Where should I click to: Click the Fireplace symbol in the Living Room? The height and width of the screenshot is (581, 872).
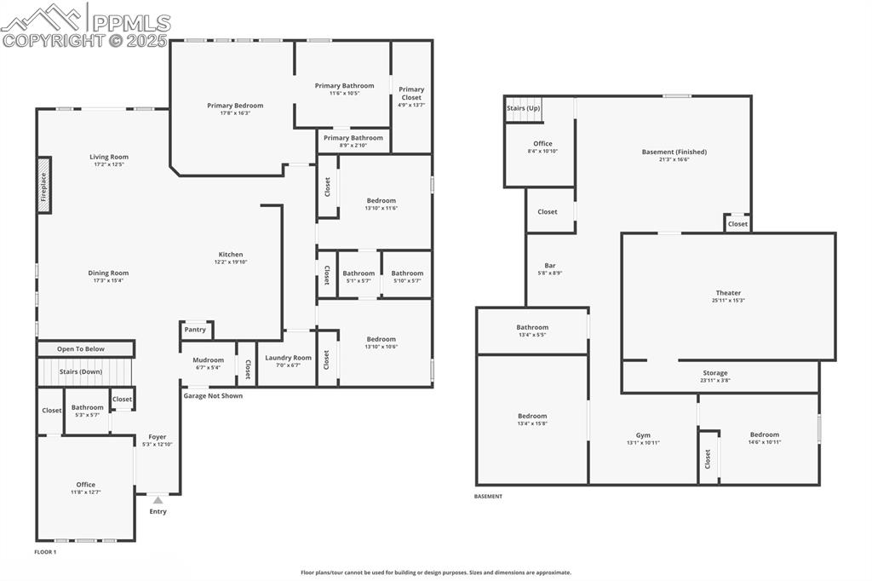click(44, 185)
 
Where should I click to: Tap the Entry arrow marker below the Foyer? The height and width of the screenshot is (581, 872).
click(158, 500)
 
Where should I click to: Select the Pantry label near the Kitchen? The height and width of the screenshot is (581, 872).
click(195, 330)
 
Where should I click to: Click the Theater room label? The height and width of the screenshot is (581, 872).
click(728, 292)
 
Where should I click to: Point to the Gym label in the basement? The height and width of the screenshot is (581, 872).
click(643, 434)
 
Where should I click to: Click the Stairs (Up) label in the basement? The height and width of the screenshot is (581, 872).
click(523, 108)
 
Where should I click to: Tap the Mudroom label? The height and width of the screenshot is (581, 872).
click(208, 360)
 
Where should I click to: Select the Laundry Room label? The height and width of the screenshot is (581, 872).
click(288, 358)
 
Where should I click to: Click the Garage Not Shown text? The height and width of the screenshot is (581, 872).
click(213, 395)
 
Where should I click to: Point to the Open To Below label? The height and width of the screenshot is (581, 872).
click(81, 348)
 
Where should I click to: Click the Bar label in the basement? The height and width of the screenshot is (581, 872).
click(550, 265)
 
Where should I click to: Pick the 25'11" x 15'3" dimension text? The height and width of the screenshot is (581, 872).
click(728, 300)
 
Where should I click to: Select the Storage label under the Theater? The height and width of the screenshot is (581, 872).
click(715, 372)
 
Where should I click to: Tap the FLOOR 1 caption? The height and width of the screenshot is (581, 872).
click(45, 552)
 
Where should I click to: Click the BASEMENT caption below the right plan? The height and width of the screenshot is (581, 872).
click(488, 496)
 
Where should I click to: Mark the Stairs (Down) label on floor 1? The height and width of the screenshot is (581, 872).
click(81, 371)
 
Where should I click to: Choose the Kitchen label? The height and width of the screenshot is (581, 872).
click(231, 254)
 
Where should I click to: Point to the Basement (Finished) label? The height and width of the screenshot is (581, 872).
click(674, 152)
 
